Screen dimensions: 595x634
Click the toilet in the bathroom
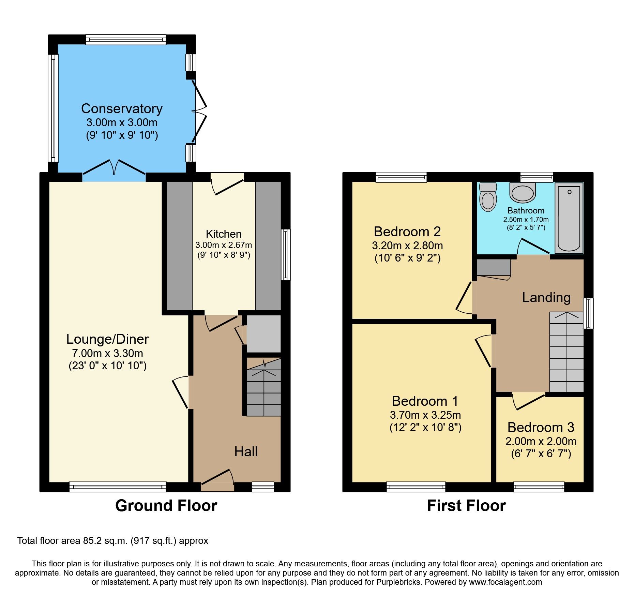488,198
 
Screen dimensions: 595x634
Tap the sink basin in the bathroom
523,193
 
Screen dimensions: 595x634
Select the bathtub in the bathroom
569,218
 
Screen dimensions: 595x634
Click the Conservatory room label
122,108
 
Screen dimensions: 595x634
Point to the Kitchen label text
224,234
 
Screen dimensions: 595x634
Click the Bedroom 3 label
541,427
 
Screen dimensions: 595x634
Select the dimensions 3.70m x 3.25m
425,415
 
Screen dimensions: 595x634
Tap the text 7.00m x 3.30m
107,353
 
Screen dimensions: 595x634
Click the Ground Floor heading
166,505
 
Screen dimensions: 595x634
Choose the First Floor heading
466,505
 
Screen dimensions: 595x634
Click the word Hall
246,452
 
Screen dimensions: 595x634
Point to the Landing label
546,297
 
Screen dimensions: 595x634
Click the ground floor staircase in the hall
263,389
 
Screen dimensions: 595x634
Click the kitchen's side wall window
286,254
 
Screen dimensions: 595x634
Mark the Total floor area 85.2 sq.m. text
112,541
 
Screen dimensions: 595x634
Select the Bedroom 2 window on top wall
401,177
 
